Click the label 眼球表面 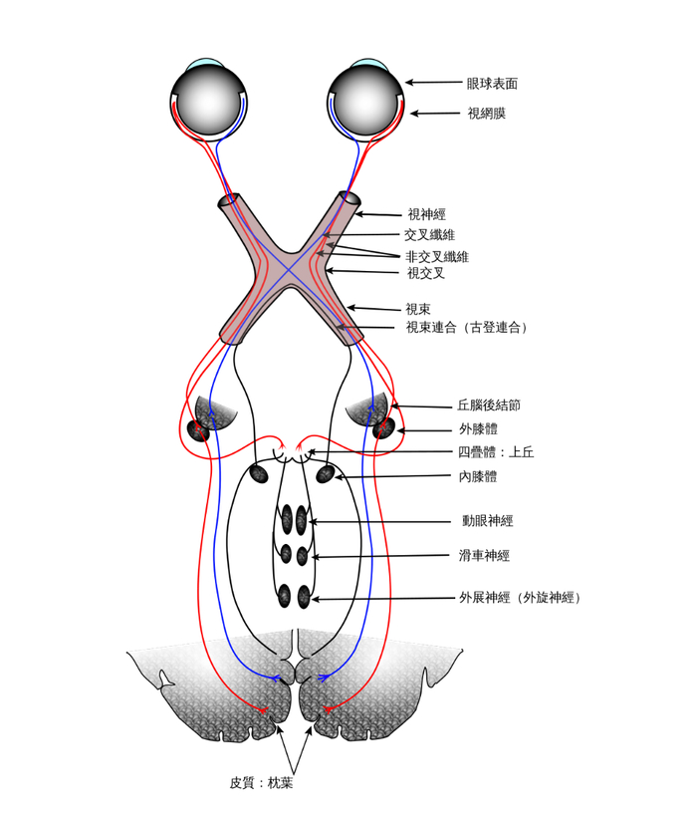(492, 84)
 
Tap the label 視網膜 (486, 114)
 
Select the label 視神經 (426, 214)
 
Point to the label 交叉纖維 (429, 235)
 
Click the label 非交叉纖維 (436, 257)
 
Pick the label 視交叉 (425, 272)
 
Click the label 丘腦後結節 (489, 406)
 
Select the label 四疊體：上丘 (496, 452)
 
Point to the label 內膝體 (478, 477)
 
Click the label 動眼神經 (487, 521)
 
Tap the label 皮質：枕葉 (261, 783)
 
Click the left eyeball (208, 99)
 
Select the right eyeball (365, 99)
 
